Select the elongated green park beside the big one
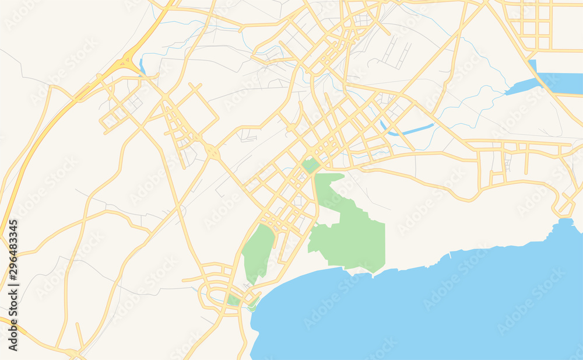[x=258, y=251]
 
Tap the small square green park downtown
[x=310, y=165]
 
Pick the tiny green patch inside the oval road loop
[x=233, y=300]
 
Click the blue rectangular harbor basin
[x=560, y=83]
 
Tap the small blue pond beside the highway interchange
[x=142, y=64]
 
